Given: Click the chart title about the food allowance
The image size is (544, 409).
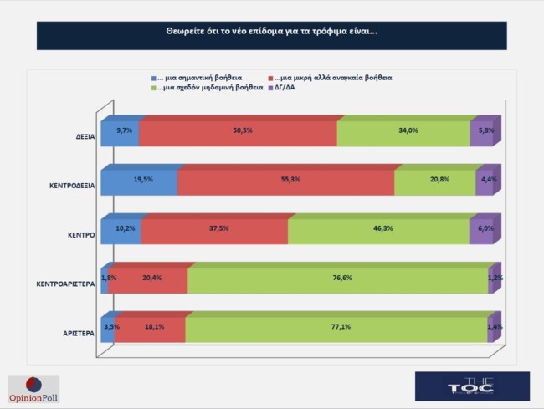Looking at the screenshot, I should pyautogui.click(x=271, y=36).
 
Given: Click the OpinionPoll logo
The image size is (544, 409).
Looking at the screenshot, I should pyautogui.click(x=33, y=388).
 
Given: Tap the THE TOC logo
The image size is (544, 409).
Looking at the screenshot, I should pyautogui.click(x=472, y=386).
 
